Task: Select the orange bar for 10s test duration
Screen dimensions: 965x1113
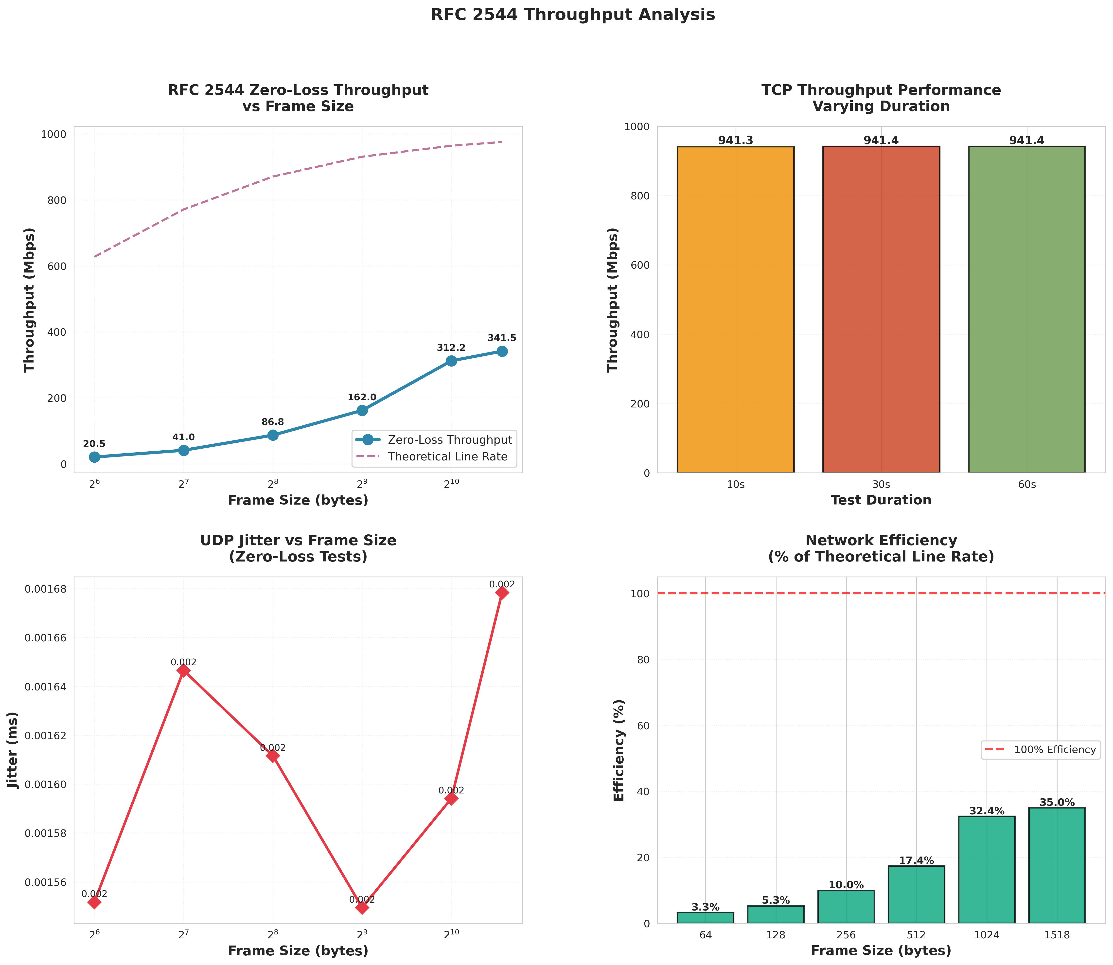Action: coord(735,310)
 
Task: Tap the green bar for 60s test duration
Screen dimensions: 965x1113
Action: coord(1026,310)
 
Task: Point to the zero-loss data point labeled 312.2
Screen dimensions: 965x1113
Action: coord(451,361)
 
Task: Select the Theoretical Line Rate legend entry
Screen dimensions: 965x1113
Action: coord(447,457)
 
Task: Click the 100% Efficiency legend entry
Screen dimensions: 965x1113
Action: coord(1054,750)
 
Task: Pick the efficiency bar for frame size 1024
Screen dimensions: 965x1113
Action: coord(987,870)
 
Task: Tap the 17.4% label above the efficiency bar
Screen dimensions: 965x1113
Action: coord(916,860)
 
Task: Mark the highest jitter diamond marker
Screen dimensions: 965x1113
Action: coord(502,593)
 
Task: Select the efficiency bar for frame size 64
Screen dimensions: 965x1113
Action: coord(705,918)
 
